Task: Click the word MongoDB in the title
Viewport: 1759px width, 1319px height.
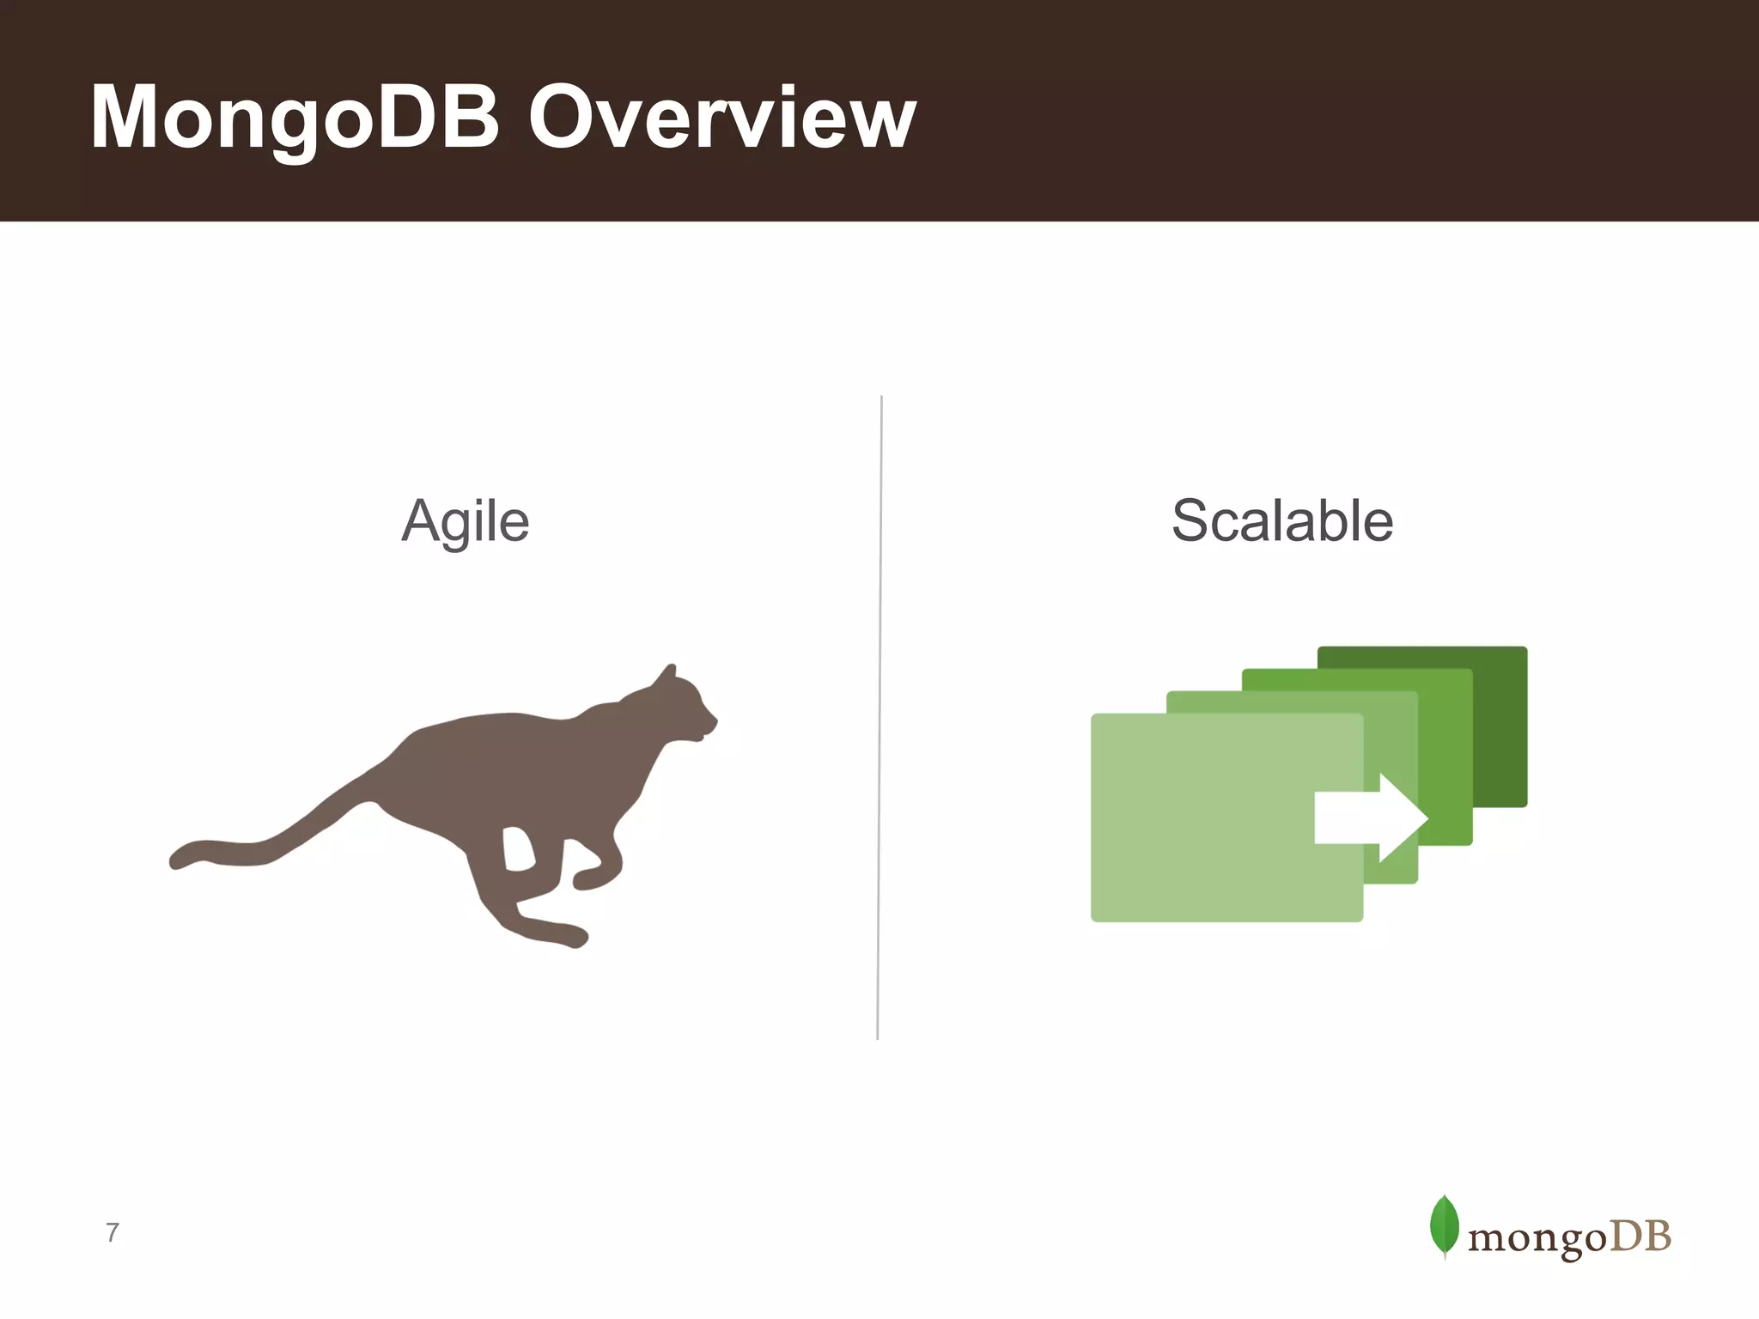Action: pyautogui.click(x=295, y=119)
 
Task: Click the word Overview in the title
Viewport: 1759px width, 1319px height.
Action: pyautogui.click(x=721, y=119)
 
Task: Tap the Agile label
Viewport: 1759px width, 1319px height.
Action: pyautogui.click(x=466, y=521)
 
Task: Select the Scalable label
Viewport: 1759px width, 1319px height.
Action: pyautogui.click(x=1281, y=520)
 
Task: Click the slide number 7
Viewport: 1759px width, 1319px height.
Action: pyautogui.click(x=112, y=1232)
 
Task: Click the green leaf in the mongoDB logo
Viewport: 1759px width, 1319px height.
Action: pyautogui.click(x=1444, y=1225)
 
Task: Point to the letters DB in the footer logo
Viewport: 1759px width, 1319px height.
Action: pyautogui.click(x=1640, y=1237)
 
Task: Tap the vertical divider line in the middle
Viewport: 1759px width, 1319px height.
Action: pyautogui.click(x=879, y=717)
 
